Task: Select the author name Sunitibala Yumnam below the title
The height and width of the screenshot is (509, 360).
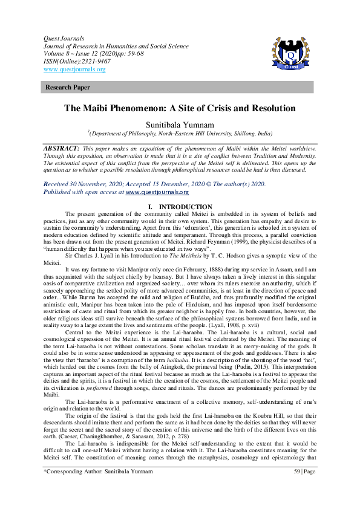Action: click(x=180, y=124)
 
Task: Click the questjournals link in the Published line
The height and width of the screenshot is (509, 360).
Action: click(x=157, y=175)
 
